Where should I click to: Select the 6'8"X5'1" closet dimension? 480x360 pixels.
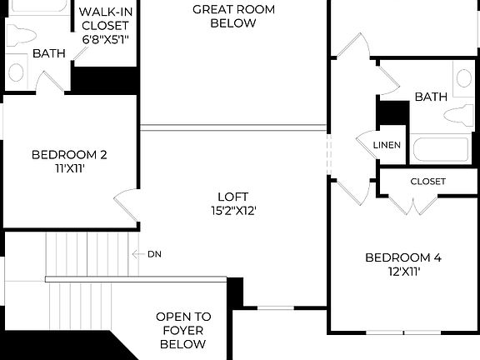(104, 39)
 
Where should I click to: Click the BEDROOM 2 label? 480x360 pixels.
(69, 154)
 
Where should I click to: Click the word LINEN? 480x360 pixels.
(387, 145)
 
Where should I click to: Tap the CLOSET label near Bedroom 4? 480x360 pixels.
(427, 181)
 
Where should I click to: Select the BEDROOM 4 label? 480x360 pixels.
(402, 257)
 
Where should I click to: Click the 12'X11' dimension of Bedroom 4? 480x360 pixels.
(402, 272)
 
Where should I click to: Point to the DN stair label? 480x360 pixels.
(154, 253)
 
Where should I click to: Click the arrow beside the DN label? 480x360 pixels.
(137, 253)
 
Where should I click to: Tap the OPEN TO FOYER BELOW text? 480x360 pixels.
(184, 330)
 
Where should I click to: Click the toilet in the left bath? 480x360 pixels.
(22, 35)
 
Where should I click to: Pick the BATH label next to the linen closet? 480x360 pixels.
(431, 97)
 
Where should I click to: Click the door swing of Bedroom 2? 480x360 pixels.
(125, 202)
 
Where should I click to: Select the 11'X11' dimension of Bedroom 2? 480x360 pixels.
(69, 168)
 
